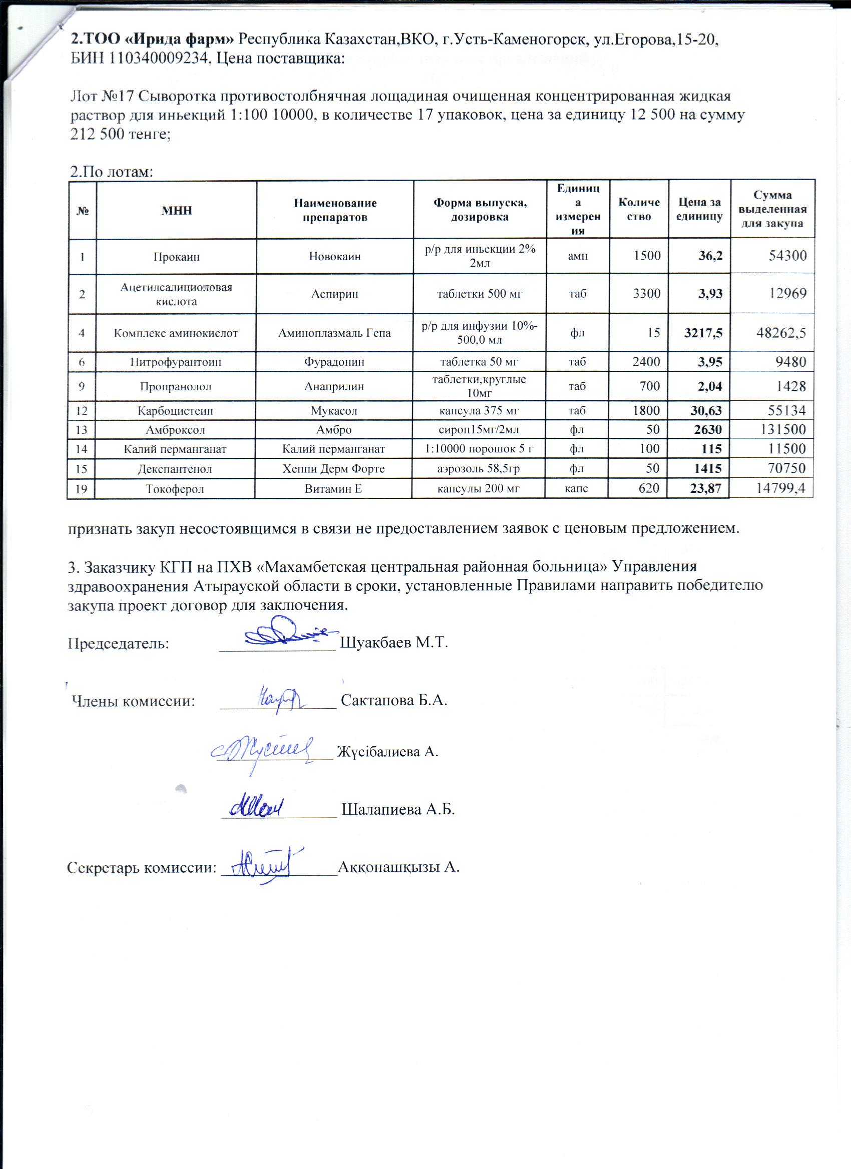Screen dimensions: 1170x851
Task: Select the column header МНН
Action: coord(177,210)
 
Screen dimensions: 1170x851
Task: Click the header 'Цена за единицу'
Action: coord(699,210)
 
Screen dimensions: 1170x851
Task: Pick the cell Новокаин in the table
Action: coord(334,256)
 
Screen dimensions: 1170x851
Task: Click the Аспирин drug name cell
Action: coord(334,294)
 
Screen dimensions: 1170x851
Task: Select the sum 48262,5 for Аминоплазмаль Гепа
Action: coord(781,333)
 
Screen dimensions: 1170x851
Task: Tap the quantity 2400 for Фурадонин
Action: coord(646,362)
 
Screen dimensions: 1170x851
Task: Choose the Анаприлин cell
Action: coord(334,386)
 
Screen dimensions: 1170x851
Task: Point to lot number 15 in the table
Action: coord(81,469)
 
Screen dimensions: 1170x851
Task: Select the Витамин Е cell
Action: coord(333,488)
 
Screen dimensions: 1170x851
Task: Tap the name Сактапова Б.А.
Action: coord(394,700)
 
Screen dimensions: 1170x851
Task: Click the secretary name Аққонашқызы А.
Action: coord(398,866)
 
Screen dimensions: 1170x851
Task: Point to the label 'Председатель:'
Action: coord(119,643)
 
